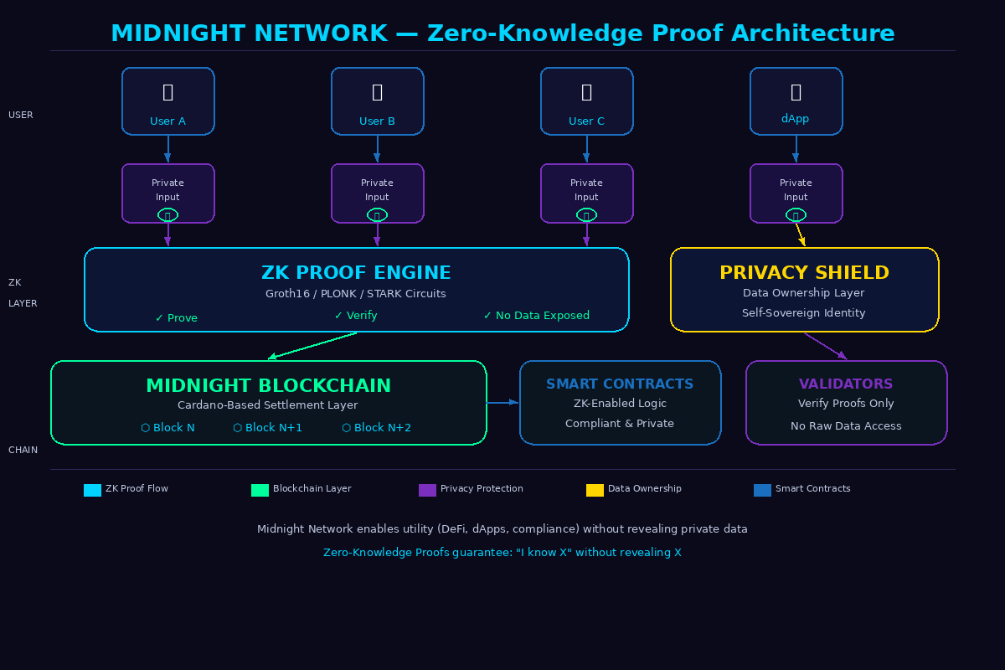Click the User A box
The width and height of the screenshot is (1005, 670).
point(167,100)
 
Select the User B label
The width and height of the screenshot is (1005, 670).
point(377,121)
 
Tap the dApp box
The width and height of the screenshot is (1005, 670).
point(796,100)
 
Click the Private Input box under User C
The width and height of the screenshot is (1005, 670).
point(586,193)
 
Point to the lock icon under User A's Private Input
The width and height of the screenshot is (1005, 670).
point(167,215)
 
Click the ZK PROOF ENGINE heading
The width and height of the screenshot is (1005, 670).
point(356,273)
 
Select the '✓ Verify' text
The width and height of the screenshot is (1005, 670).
point(356,316)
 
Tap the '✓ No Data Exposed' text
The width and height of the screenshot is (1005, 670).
point(536,316)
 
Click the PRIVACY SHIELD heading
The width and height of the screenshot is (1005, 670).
point(804,273)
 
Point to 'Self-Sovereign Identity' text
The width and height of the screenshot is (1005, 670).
point(804,313)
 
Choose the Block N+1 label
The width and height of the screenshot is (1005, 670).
point(267,428)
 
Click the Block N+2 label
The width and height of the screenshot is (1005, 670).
point(376,428)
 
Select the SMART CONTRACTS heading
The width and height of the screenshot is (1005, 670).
point(620,384)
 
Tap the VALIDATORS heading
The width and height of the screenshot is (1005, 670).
point(846,384)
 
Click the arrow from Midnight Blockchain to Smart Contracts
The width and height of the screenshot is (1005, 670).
point(502,403)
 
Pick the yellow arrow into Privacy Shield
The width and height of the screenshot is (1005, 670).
point(800,234)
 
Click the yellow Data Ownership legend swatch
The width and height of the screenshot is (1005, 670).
point(595,490)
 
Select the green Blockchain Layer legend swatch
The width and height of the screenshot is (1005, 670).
point(260,490)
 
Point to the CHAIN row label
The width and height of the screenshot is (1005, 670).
point(23,451)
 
